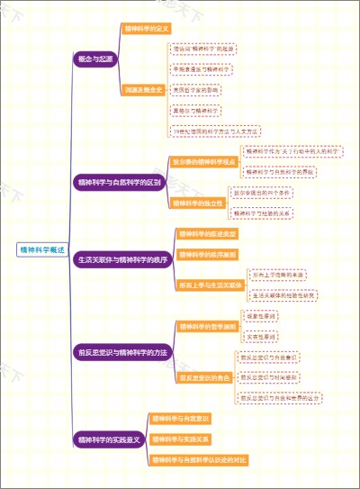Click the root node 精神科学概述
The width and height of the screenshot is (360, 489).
[42, 249]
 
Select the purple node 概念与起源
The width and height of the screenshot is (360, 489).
[95, 58]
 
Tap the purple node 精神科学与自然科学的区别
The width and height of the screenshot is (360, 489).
[119, 182]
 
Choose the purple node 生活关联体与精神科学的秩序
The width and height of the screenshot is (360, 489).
[122, 259]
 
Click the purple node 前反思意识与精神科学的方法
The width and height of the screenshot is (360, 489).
[122, 351]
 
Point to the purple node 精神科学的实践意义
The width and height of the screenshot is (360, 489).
[109, 439]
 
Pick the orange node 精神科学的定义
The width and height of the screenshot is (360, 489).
[148, 29]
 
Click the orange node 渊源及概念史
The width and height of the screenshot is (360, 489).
[144, 89]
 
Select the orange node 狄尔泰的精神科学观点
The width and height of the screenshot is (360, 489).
[203, 161]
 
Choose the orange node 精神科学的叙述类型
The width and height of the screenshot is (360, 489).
[208, 234]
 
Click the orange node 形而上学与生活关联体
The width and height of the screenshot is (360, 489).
[211, 285]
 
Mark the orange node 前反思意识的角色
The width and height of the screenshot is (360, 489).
[204, 376]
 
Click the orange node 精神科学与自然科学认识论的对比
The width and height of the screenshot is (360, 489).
[199, 460]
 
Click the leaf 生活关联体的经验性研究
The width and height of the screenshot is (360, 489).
[283, 294]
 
